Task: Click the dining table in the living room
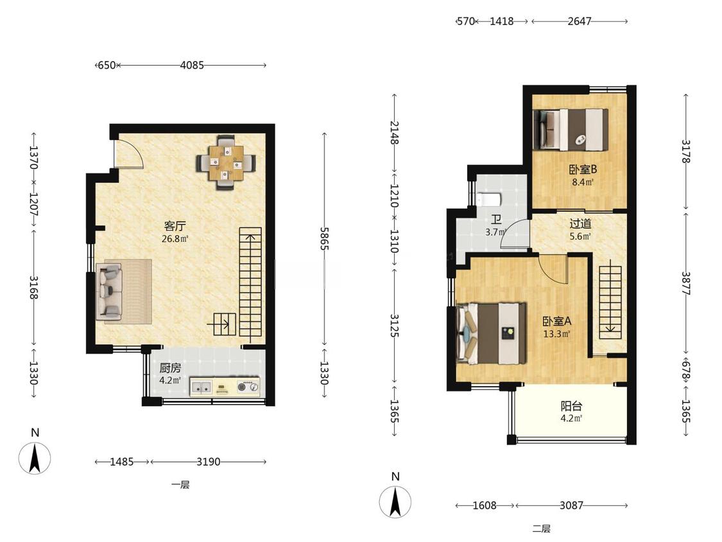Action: pos(226,162)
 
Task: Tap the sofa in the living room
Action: pos(109,292)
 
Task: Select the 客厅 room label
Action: pos(175,226)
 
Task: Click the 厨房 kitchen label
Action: pos(170,368)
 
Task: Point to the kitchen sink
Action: pos(202,388)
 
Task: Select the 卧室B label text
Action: pos(583,169)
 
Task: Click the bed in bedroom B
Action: pos(570,130)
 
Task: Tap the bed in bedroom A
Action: pos(491,333)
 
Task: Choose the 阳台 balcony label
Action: pos(571,406)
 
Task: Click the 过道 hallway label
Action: pos(580,224)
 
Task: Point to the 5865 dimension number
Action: pos(325,238)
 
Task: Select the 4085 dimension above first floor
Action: pos(192,66)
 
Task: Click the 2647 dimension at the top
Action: pos(580,21)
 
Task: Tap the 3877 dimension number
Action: pos(685,283)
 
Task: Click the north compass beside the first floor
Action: pos(35,458)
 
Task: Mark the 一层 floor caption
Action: pos(180,484)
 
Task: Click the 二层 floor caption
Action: pos(542,528)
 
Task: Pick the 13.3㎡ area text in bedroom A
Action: pos(556,334)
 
